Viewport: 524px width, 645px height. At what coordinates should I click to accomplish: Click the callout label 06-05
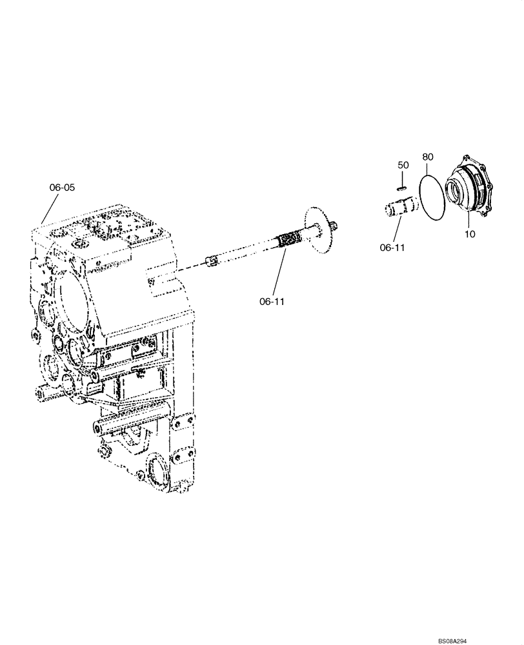point(62,188)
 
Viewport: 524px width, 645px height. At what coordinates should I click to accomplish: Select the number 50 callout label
point(403,165)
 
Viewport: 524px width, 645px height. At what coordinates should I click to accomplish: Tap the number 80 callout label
point(428,157)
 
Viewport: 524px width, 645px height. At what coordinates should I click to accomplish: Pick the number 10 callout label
point(470,234)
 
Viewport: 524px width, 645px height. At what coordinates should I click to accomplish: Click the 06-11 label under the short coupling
point(393,246)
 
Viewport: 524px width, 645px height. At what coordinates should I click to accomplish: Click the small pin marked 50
point(400,189)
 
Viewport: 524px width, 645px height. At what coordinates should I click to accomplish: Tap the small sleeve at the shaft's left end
point(209,261)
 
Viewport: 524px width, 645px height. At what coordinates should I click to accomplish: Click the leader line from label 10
point(467,216)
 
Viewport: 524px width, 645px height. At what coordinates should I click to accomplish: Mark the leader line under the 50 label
point(401,179)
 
